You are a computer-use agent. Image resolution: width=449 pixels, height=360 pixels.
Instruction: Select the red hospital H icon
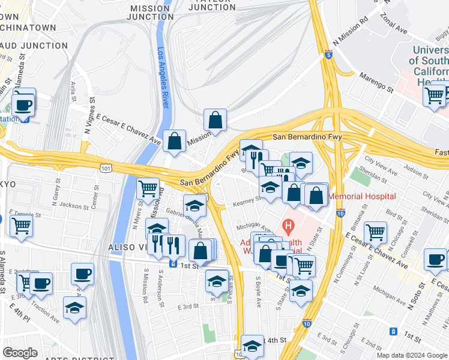pyautogui.click(x=289, y=227)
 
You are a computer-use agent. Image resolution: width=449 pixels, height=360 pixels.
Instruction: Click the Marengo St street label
pyautogui.click(x=376, y=83)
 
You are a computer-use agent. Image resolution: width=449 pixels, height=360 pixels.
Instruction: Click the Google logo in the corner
pyautogui.click(x=20, y=353)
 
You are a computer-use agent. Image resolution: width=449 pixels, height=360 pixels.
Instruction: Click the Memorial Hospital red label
pyautogui.click(x=363, y=196)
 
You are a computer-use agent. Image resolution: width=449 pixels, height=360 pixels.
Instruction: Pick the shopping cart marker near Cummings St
pyautogui.click(x=376, y=232)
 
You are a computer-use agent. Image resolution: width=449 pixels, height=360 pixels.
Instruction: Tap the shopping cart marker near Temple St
pyautogui.click(x=21, y=226)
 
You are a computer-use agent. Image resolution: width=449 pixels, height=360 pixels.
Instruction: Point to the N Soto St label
pyautogui.click(x=412, y=296)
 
